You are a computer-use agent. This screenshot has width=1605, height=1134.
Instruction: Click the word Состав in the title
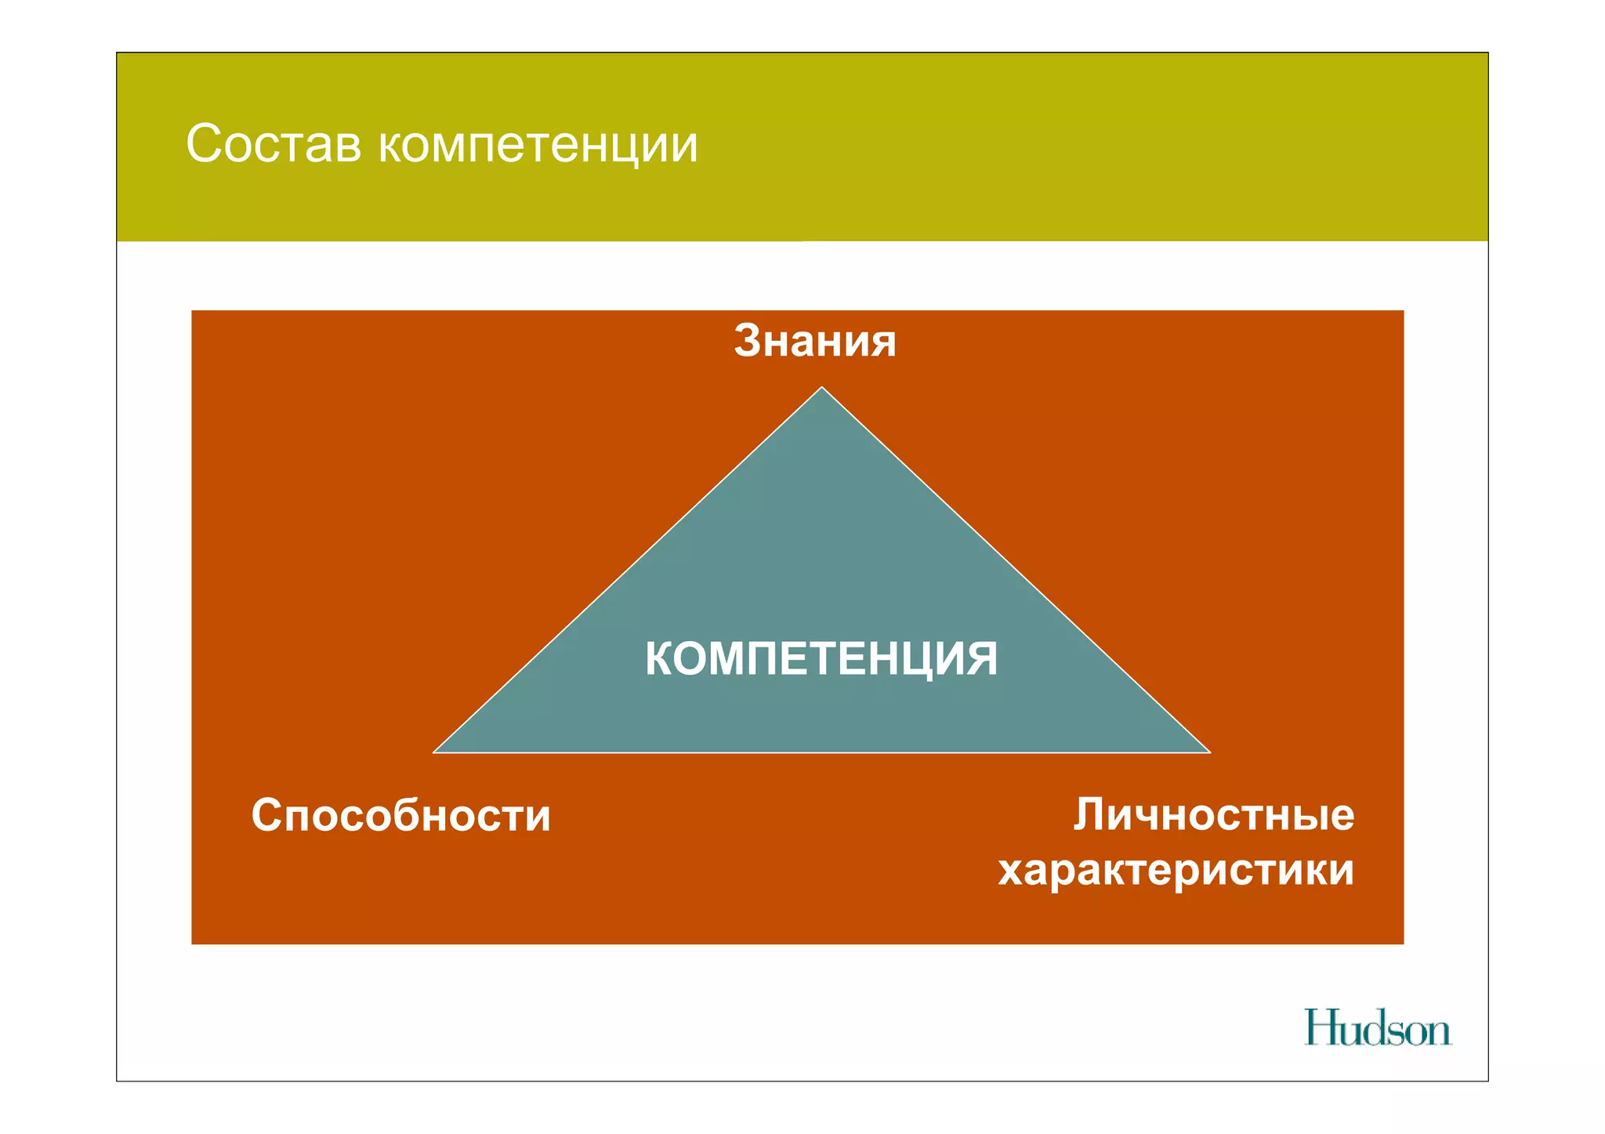tap(274, 144)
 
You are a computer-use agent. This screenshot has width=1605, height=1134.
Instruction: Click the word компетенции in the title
tap(538, 146)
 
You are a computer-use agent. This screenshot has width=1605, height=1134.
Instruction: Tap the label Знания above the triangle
tap(815, 341)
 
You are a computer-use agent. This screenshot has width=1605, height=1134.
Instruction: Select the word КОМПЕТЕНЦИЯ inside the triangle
tap(821, 658)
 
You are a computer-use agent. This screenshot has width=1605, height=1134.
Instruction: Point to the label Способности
tap(400, 815)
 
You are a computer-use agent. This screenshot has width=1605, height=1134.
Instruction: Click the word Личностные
tap(1214, 815)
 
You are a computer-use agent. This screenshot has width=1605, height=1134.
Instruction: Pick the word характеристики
tap(1176, 870)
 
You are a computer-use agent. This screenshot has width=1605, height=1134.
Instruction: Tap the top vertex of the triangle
tap(821, 388)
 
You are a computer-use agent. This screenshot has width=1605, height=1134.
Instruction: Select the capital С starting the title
tap(205, 144)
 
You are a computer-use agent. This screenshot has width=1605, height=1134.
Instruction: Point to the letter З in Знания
tap(749, 341)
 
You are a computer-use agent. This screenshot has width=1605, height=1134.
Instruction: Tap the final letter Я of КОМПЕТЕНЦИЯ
tap(982, 658)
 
